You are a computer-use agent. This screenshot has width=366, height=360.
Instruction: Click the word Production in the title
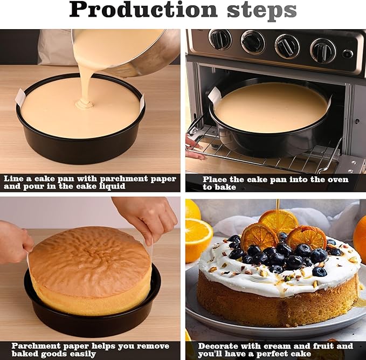pos(143,9)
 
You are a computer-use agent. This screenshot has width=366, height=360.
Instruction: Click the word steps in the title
pos(262,11)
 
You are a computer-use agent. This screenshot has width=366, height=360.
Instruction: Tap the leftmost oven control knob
pos(220,39)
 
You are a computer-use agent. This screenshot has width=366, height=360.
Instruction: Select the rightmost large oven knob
pos(323,51)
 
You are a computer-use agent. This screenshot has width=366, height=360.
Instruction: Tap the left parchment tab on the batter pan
pos(20,98)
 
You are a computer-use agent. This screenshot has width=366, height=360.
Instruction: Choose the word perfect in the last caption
pos(272,354)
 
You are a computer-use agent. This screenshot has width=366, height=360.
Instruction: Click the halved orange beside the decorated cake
pos(199,240)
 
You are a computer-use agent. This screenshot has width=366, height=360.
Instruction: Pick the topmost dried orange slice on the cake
pos(279,220)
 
